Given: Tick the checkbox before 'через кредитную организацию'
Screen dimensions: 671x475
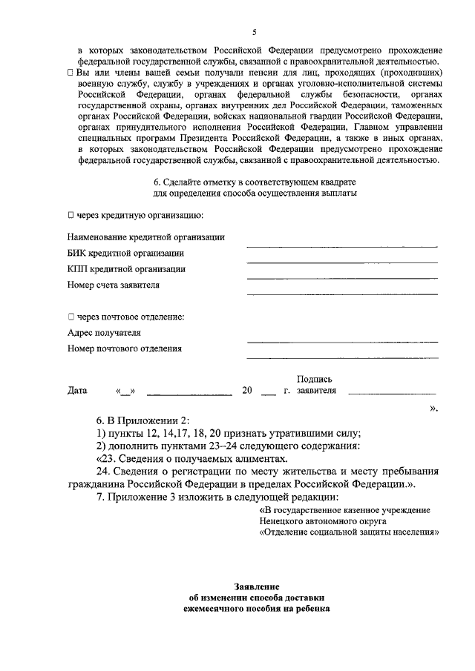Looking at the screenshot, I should [71, 215].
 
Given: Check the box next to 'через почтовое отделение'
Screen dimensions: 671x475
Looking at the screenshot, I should [71, 317].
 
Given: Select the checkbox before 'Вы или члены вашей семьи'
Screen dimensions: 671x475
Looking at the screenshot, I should [70, 74].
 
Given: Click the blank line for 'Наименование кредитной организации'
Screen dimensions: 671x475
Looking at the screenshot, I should [342, 245].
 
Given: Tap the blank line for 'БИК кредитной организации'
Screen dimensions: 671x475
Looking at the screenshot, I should [342, 261].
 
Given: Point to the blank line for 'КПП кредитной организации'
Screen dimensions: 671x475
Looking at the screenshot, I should [342, 277].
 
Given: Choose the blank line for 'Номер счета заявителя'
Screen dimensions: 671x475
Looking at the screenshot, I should [342, 293].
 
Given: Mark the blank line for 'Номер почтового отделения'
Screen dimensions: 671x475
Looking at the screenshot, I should [342, 357].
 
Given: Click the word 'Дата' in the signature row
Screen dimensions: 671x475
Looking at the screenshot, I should [77, 391].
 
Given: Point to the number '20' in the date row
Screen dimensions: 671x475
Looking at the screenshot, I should [247, 391].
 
